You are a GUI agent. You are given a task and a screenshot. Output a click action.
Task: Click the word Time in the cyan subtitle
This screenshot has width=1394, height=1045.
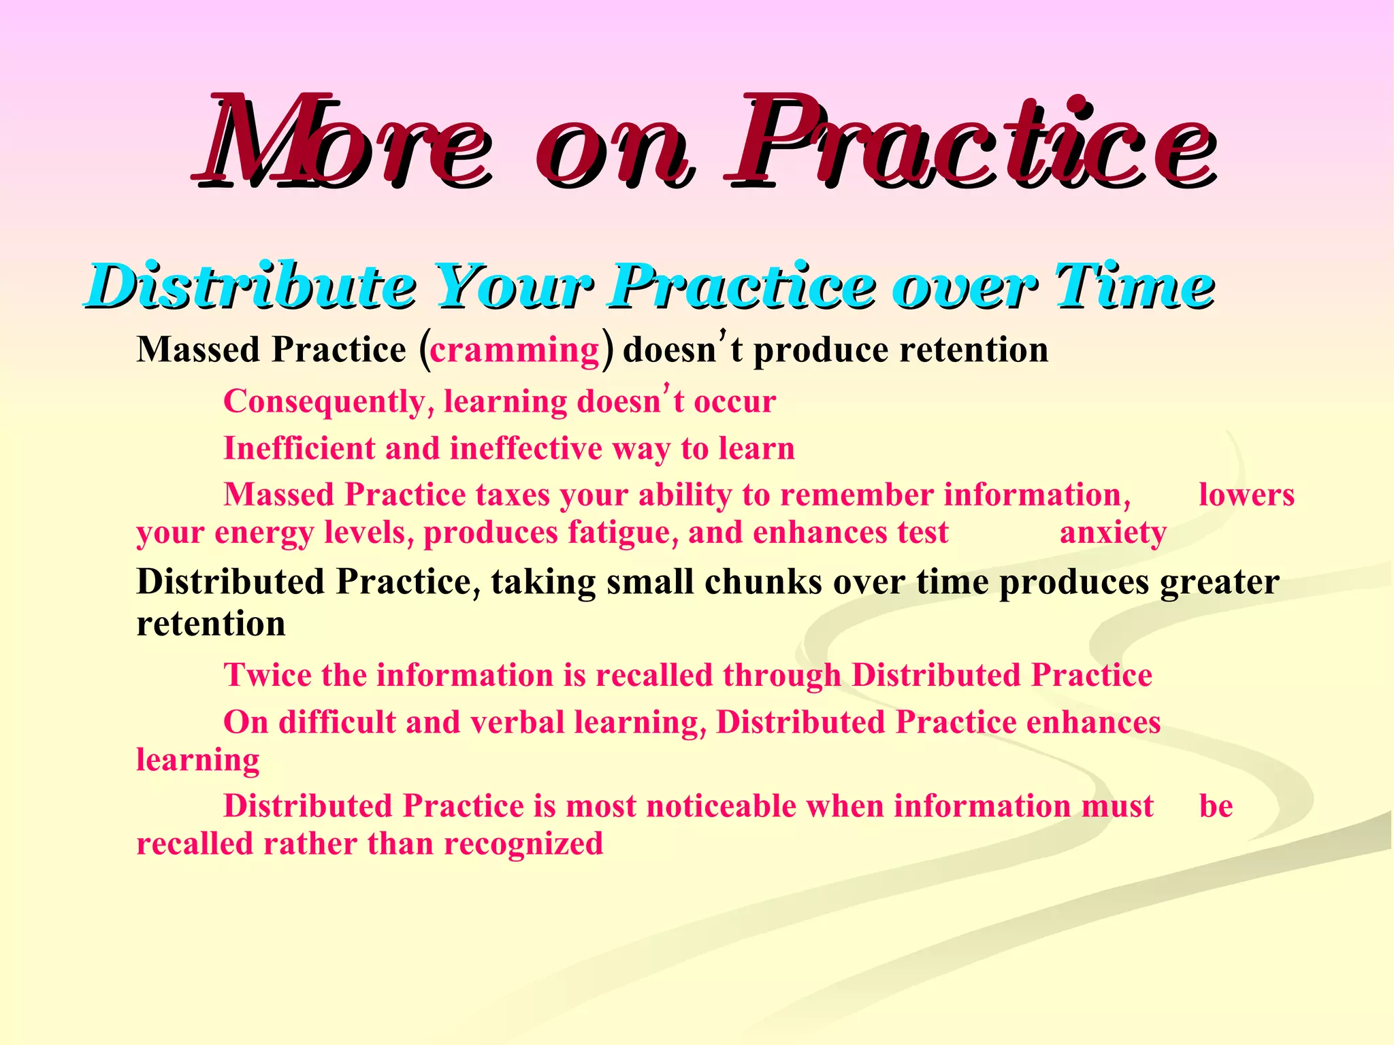click(1133, 286)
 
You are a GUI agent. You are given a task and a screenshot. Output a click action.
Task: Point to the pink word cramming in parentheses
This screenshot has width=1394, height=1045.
click(515, 351)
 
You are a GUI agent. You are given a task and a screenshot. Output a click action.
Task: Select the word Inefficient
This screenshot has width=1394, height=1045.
click(299, 449)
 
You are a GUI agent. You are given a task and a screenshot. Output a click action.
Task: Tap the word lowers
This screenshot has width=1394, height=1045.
click(1246, 495)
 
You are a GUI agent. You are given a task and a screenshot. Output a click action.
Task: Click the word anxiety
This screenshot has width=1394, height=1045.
click(1113, 533)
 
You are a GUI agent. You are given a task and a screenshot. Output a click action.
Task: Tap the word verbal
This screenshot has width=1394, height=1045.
click(517, 723)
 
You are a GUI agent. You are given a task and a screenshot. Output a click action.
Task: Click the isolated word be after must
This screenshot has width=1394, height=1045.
click(1216, 806)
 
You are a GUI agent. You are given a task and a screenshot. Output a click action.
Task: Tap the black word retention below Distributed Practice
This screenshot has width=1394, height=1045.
click(211, 624)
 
